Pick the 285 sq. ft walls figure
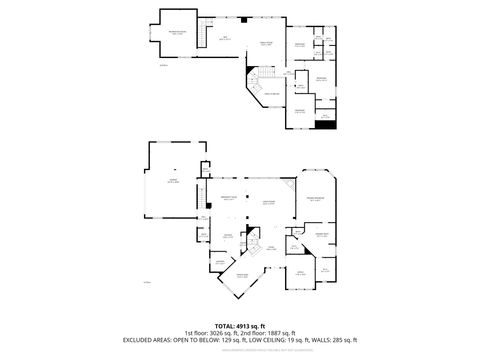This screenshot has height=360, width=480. pos(338,339)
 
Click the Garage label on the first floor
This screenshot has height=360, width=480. pos(172,182)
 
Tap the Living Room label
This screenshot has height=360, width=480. pos(268,202)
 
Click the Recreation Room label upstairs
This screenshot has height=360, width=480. pos(176,34)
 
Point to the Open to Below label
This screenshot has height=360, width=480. pos(271,93)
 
